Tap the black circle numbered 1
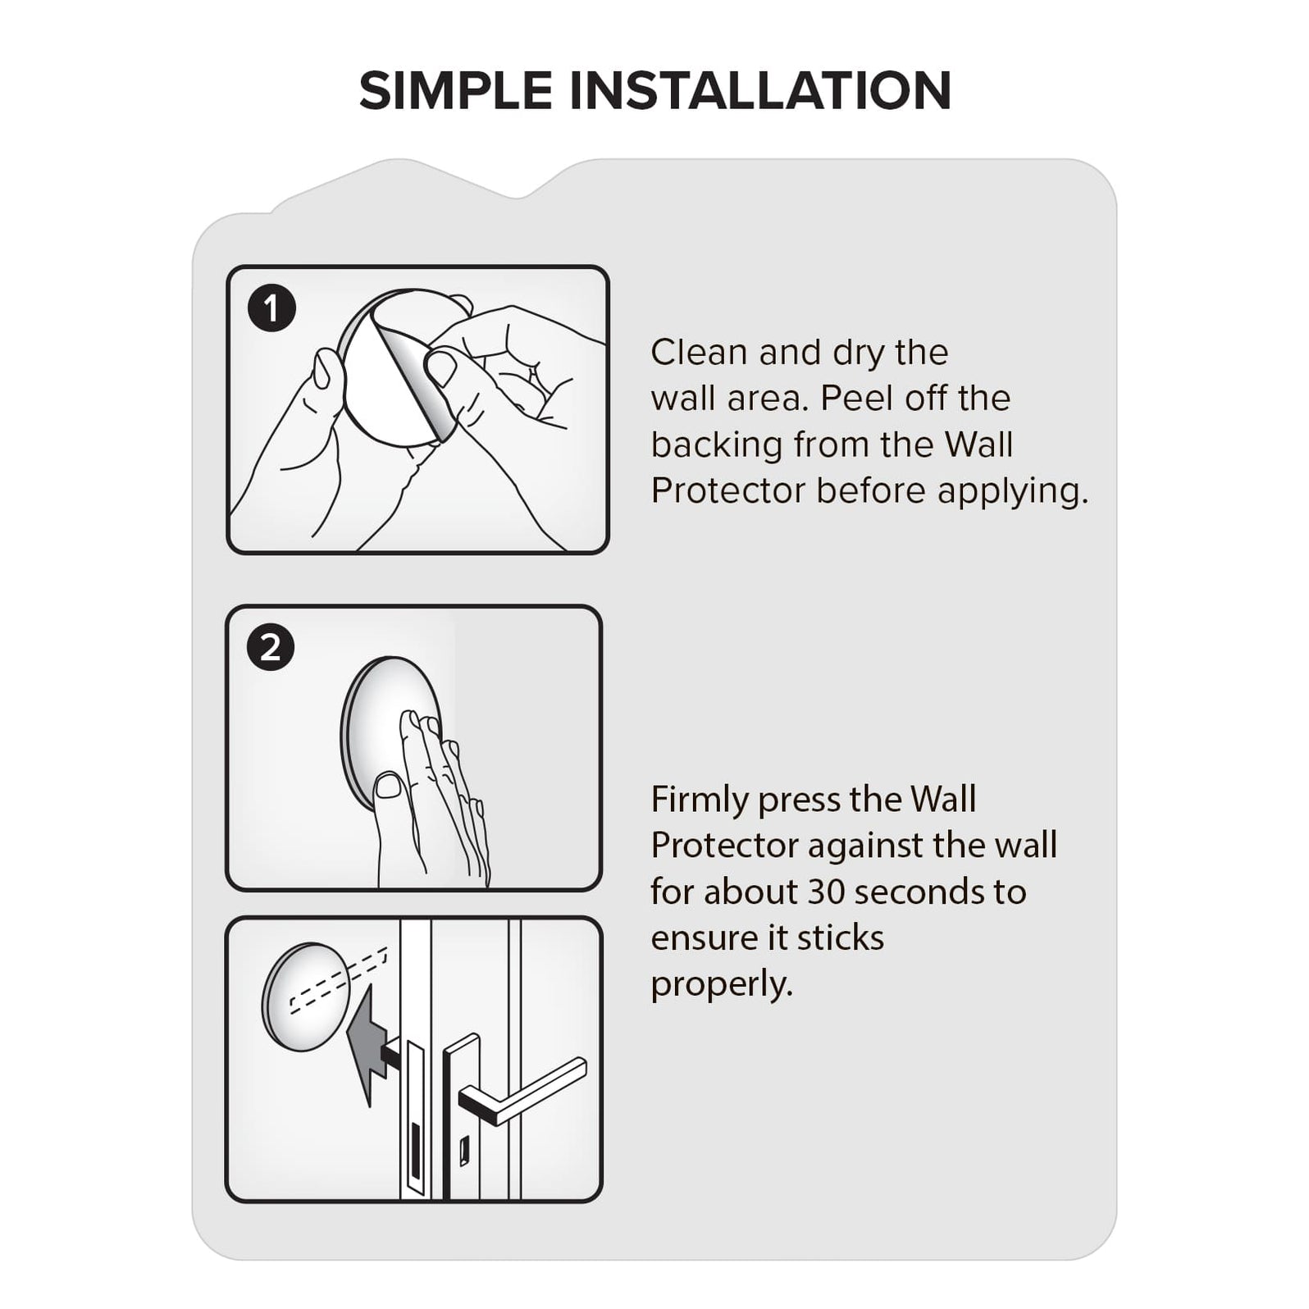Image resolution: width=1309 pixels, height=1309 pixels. point(271,308)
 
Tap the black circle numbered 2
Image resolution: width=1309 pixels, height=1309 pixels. point(271,647)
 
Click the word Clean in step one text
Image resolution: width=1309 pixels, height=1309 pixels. point(699,353)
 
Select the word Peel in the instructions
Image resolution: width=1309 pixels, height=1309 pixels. point(856,399)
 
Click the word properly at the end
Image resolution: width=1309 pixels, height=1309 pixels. point(722,983)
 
